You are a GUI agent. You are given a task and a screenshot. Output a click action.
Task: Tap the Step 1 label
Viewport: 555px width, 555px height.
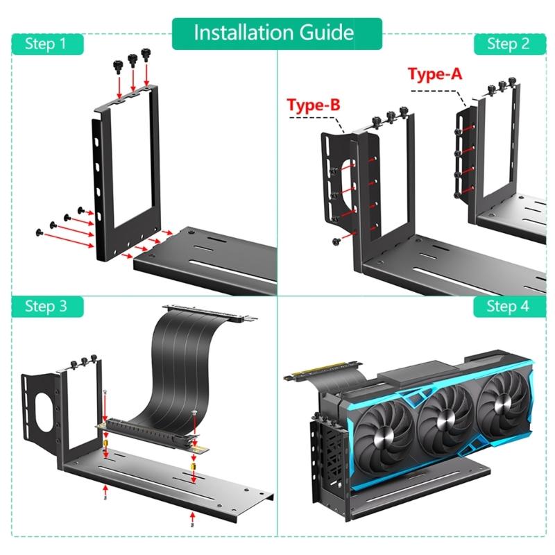46,44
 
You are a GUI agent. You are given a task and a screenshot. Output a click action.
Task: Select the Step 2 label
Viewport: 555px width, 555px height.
507,44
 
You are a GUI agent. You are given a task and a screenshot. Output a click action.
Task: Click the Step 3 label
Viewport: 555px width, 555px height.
46,306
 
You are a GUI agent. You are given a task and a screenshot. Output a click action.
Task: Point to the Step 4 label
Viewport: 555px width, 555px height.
507,306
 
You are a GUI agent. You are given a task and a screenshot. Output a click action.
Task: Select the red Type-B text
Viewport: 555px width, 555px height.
314,105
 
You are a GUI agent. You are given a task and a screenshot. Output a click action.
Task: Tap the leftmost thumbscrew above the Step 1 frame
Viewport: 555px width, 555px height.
119,65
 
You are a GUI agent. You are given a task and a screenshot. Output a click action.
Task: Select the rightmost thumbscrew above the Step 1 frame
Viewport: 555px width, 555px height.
146,53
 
